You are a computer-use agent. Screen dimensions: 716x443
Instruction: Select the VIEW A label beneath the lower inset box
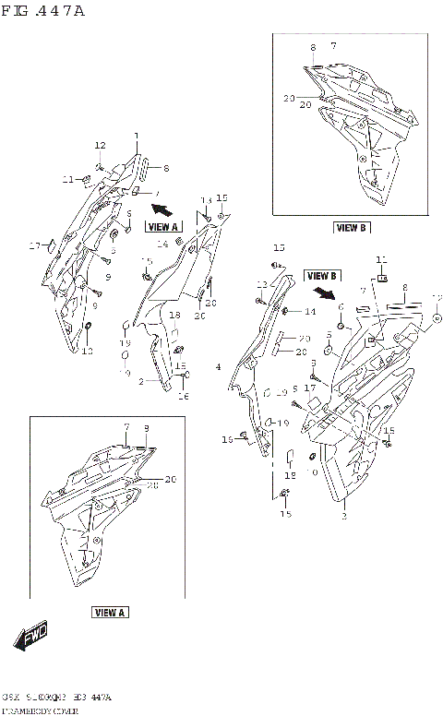point(110,612)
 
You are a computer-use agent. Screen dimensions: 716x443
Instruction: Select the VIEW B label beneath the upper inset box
point(351,227)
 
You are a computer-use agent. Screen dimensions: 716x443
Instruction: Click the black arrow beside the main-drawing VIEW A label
point(162,209)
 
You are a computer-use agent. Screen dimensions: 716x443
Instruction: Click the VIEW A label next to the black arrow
point(162,226)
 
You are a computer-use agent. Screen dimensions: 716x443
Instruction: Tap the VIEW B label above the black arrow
point(322,275)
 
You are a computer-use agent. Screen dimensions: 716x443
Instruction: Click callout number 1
point(136,137)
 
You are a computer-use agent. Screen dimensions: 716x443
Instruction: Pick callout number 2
point(141,381)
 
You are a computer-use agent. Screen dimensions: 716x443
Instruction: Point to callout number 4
point(218,368)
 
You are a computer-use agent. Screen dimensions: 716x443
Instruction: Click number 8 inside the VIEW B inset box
point(313,46)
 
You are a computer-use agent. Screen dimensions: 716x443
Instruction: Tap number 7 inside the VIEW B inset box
point(332,45)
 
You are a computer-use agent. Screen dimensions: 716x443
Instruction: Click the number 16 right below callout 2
point(183,396)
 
